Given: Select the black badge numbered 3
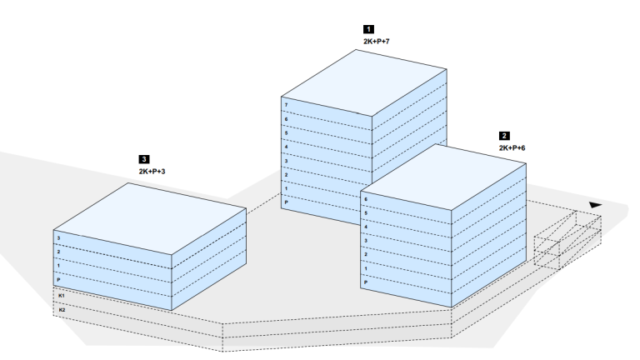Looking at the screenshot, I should click(x=144, y=158).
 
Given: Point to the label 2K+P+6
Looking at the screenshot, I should click(x=512, y=147).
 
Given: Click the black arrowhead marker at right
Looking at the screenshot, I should click(x=594, y=203).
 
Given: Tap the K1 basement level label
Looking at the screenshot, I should click(x=60, y=296).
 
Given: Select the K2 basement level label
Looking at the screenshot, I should click(x=60, y=310).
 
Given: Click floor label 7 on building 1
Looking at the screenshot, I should click(x=286, y=105).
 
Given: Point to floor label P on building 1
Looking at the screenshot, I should click(x=286, y=203).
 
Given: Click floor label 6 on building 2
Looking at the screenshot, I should click(x=366, y=199).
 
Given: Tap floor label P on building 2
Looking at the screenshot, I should click(x=366, y=283).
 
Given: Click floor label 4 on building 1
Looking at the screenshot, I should click(x=286, y=147).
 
